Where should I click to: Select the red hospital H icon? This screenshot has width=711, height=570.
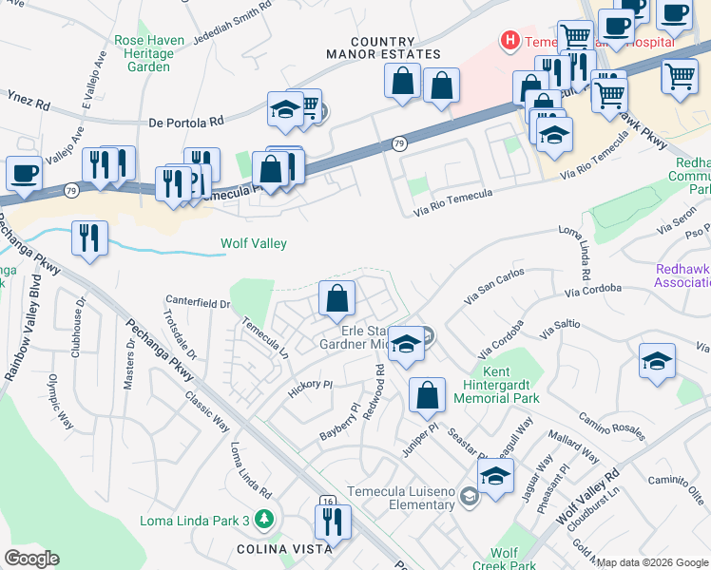pyautogui.click(x=510, y=41)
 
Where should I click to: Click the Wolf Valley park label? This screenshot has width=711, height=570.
pyautogui.click(x=254, y=243)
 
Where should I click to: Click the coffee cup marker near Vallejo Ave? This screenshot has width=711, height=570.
pyautogui.click(x=24, y=174)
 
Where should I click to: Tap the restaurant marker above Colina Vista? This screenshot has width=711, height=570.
pyautogui.click(x=333, y=522)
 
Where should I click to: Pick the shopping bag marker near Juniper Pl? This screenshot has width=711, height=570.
pyautogui.click(x=428, y=394)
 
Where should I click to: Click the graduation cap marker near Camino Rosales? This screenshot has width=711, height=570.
pyautogui.click(x=658, y=361)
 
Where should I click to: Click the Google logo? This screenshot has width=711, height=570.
pyautogui.click(x=31, y=558)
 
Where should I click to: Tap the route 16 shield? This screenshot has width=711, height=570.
pyautogui.click(x=328, y=500)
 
